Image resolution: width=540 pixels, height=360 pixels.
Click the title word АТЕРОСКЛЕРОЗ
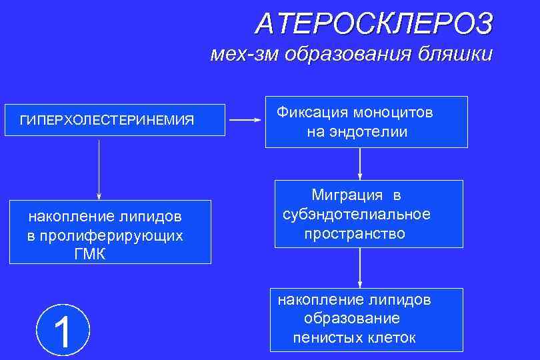tap(374, 24)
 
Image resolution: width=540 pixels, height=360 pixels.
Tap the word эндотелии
tap(375, 132)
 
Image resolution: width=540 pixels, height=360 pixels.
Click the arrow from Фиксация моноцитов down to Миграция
tap(360, 163)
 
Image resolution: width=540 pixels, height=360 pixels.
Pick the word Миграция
tap(347, 195)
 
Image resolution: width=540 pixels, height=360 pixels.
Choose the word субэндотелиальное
tap(357, 215)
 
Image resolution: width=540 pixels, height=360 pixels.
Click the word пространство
tap(355, 234)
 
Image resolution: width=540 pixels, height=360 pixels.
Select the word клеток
tap(391, 338)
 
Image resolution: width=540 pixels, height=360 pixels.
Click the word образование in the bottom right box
tap(352, 319)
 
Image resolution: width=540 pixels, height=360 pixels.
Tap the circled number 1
tap(63, 330)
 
